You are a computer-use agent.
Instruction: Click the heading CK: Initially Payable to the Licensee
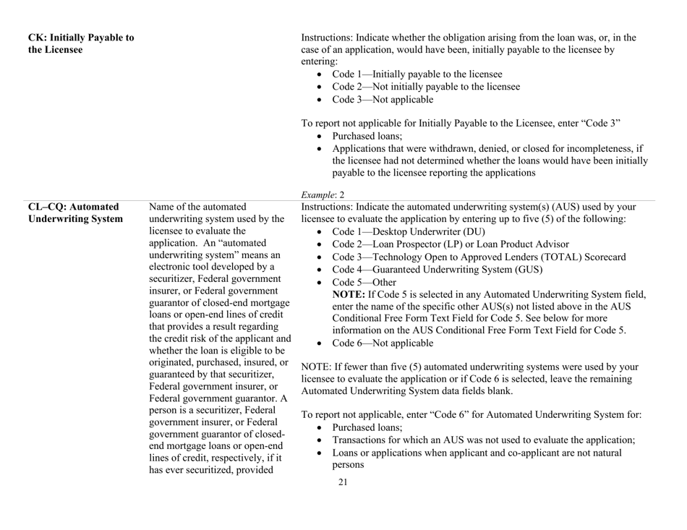pos(80,43)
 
